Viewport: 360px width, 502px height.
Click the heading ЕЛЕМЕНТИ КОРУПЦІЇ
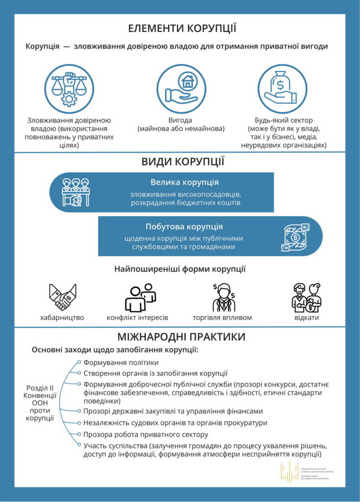click(182, 28)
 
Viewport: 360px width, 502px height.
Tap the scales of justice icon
click(69, 89)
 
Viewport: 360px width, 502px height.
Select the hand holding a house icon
click(180, 89)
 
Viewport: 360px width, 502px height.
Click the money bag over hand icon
click(282, 89)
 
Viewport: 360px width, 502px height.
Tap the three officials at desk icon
click(75, 192)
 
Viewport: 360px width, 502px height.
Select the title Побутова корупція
click(184, 226)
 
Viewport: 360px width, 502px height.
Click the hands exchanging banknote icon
click(295, 237)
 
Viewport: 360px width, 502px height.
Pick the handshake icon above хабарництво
click(62, 297)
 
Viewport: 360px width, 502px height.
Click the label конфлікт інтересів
click(137, 318)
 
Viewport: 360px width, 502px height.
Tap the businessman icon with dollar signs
click(224, 297)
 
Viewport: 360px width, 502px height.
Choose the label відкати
click(307, 318)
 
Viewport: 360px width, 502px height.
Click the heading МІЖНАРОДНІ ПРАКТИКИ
click(181, 337)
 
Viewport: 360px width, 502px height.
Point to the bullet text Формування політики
click(121, 363)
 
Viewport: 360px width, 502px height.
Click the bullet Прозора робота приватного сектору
click(146, 434)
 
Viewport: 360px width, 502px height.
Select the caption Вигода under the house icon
click(180, 120)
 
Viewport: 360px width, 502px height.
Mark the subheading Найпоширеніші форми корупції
click(180, 269)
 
